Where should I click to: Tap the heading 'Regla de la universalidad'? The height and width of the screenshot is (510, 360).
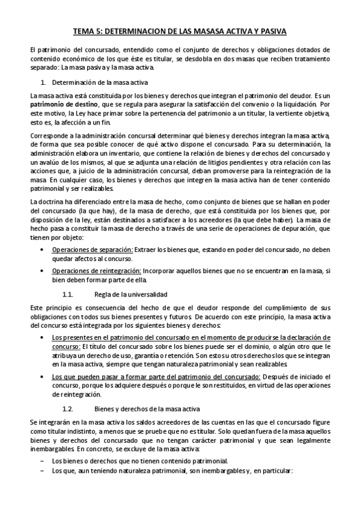[131, 295]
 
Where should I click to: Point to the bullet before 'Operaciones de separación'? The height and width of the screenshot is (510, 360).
[41, 249]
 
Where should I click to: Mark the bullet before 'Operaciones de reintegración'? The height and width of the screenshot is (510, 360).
[41, 272]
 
